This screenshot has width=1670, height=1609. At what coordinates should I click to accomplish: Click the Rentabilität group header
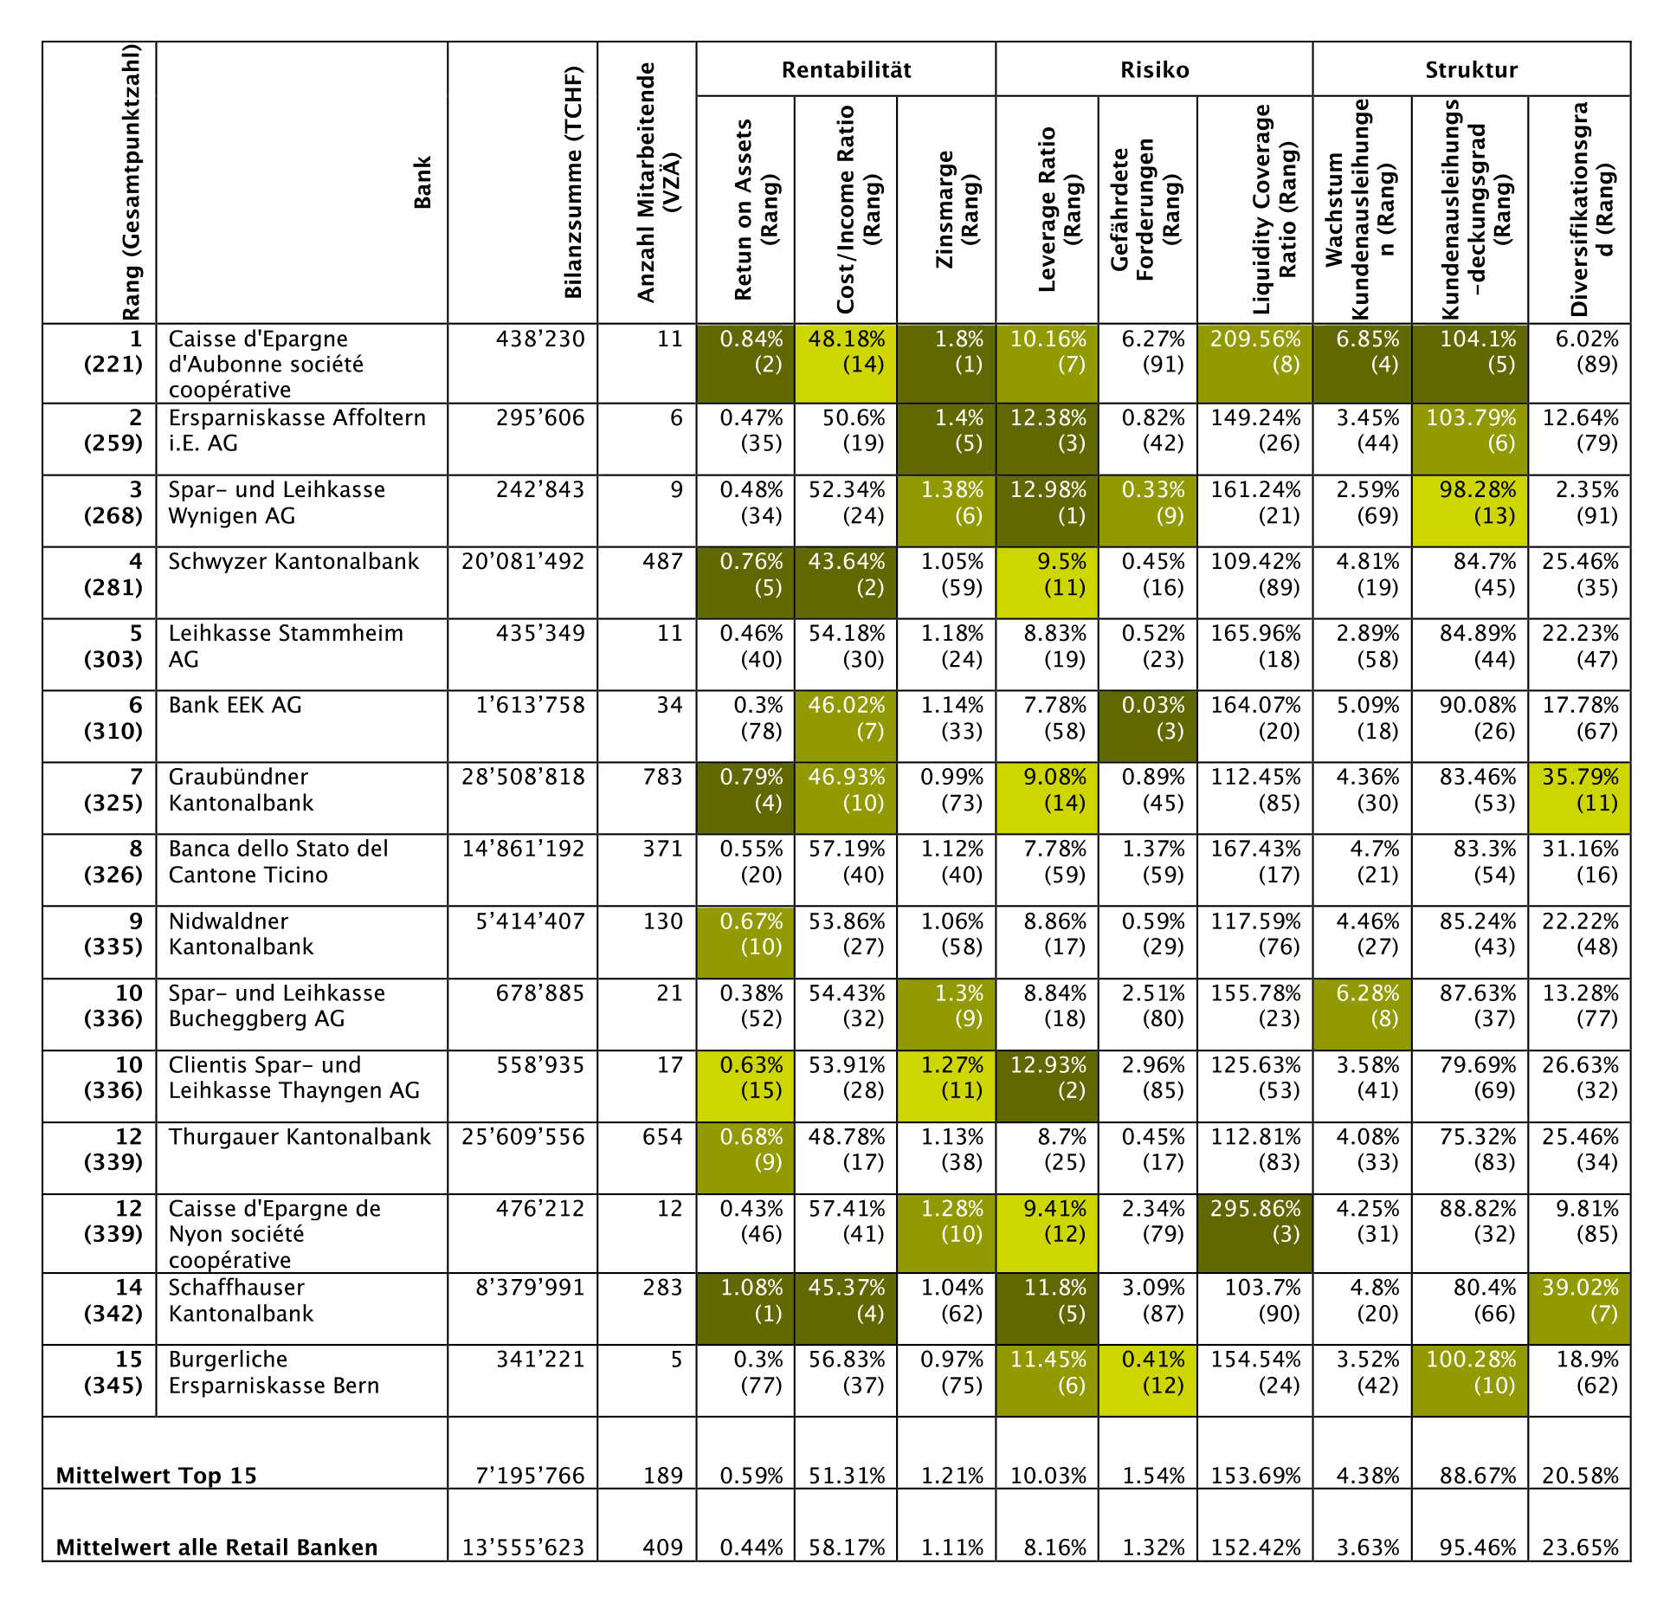tap(846, 70)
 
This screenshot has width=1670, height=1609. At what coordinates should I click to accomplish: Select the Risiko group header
tap(1154, 70)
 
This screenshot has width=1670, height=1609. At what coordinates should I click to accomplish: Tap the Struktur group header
tap(1471, 70)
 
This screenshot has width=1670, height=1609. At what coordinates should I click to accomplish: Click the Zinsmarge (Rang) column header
tap(957, 210)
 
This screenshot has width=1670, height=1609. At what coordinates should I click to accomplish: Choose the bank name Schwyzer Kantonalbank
tap(293, 562)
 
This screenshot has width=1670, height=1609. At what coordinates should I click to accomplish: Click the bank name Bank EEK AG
tap(235, 706)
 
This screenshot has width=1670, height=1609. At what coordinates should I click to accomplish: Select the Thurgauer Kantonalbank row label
tap(300, 1137)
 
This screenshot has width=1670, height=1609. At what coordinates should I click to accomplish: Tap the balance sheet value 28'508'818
tap(523, 778)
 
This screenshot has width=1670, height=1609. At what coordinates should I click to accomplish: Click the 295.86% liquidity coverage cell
tap(1255, 1221)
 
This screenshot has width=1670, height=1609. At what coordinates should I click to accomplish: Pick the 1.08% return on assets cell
tap(751, 1301)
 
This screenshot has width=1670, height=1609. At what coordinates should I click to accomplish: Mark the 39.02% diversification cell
tap(1580, 1301)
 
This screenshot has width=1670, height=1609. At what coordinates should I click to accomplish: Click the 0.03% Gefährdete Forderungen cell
tap(1153, 719)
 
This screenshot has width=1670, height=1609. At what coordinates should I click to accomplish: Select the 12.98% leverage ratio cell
tap(1048, 503)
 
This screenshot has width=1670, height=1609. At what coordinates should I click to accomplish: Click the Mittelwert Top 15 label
tap(157, 1476)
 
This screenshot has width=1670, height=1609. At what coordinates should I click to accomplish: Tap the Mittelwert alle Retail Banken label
tap(216, 1548)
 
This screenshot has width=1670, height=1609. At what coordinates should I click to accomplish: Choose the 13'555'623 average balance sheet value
tap(523, 1548)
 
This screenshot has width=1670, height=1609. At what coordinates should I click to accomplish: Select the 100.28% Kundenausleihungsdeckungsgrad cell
tap(1471, 1373)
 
